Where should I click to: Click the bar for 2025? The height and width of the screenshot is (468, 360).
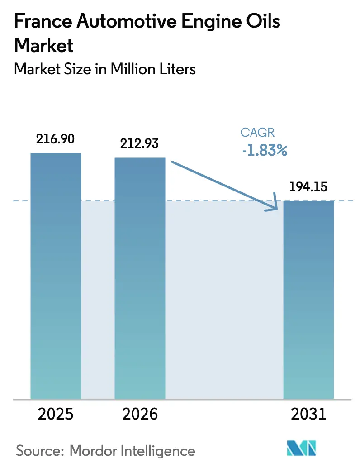(56, 276)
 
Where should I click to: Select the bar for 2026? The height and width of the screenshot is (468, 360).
(140, 278)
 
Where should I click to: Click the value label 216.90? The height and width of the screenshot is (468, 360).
(56, 139)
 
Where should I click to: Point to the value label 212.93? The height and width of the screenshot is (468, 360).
(140, 143)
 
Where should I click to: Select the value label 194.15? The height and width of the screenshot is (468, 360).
(308, 186)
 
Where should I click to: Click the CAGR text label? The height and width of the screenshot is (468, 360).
(258, 133)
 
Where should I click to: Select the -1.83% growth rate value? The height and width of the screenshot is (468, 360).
(265, 150)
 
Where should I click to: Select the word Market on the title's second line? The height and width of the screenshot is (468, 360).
(44, 45)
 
